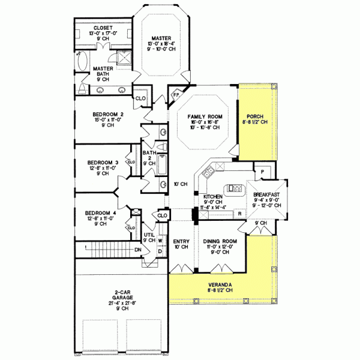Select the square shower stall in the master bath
[x=124, y=59]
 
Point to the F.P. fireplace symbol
[x=176, y=95]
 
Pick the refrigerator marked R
[x=239, y=213]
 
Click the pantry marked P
[x=262, y=170]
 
